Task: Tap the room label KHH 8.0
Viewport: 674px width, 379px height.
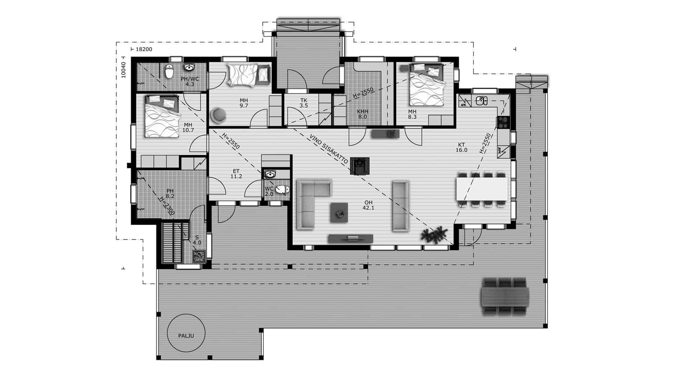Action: pyautogui.click(x=362, y=114)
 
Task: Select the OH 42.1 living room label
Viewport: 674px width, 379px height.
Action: pyautogui.click(x=368, y=205)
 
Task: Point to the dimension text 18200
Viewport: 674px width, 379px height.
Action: pyautogui.click(x=144, y=49)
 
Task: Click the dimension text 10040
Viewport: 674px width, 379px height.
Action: pyautogui.click(x=123, y=69)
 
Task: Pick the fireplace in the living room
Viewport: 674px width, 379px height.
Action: pyautogui.click(x=360, y=166)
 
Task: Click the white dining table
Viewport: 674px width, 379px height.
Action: pyautogui.click(x=482, y=189)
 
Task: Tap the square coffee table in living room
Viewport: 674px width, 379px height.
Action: pyautogui.click(x=339, y=212)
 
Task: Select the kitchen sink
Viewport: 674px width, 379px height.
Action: pyautogui.click(x=482, y=101)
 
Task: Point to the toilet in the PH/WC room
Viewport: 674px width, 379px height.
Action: pyautogui.click(x=170, y=72)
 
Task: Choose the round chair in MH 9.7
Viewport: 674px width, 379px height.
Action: pyautogui.click(x=218, y=115)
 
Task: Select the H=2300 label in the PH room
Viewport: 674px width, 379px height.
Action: pyautogui.click(x=166, y=206)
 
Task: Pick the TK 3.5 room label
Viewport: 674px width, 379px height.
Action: pyautogui.click(x=304, y=103)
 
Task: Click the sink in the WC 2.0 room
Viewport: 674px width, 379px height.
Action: pyautogui.click(x=270, y=174)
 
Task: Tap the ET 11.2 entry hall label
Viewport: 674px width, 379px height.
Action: pyautogui.click(x=236, y=174)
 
